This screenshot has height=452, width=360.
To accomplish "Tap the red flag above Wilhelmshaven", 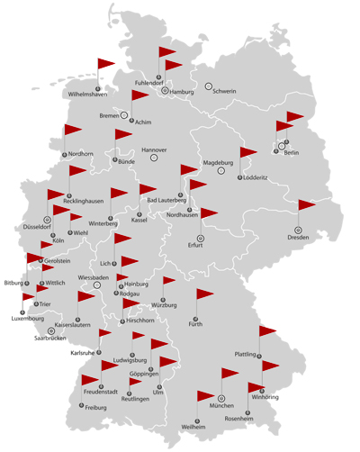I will (106, 64).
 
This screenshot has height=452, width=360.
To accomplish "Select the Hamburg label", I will (182, 92).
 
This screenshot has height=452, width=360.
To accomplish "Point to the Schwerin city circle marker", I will (209, 86).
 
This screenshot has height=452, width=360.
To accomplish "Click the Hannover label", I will (154, 149).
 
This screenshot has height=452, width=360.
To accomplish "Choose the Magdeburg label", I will (219, 163).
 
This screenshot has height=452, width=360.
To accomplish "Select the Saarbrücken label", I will (50, 339).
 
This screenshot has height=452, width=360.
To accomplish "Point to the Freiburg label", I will (95, 408).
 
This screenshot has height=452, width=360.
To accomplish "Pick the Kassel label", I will (139, 220).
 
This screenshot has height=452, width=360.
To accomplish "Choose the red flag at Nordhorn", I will (73, 131).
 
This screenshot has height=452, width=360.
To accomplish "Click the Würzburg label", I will (164, 306).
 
